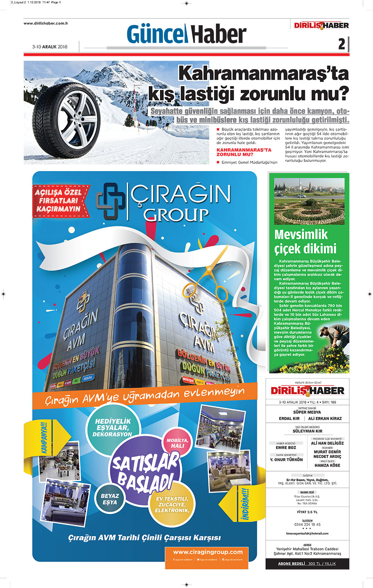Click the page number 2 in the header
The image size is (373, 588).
tap(342, 44)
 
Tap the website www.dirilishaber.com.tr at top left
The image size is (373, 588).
tap(46, 23)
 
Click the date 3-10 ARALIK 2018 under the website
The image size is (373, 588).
tap(50, 47)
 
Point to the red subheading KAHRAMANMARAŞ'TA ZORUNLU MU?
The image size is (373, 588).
tap(244, 152)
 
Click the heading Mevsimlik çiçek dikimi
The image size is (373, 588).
tap(305, 241)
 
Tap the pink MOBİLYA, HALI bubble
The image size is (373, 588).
tap(177, 443)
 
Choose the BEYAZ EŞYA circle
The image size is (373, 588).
tap(110, 499)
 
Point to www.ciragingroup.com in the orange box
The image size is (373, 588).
tap(208, 552)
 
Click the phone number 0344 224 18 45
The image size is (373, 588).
tap(307, 524)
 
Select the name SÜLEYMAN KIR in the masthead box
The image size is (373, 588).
tap(307, 431)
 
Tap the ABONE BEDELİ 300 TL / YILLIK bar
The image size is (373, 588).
tap(307, 564)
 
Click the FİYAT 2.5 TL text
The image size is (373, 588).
tap(307, 512)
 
